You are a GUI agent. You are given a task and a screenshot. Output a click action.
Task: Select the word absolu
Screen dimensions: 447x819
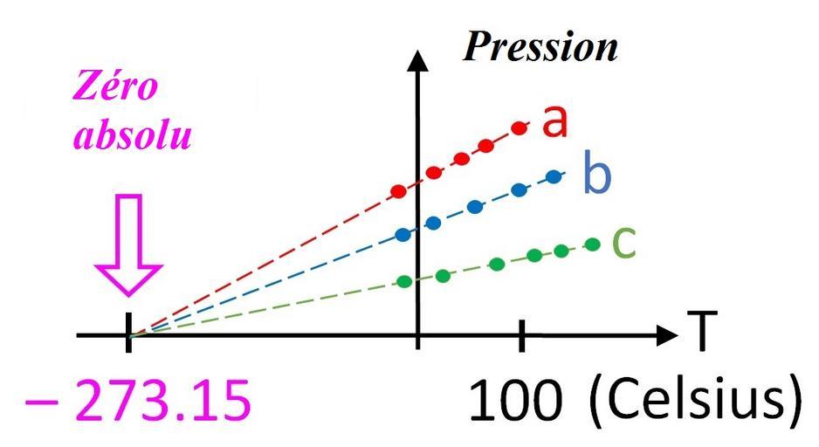(132, 137)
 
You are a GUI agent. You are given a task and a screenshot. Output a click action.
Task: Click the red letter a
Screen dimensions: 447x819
(554, 122)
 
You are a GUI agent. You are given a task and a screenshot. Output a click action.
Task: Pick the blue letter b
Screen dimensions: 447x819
(596, 175)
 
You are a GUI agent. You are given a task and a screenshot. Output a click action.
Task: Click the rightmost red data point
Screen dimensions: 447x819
(520, 128)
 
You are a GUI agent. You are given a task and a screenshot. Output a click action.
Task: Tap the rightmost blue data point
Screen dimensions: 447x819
(554, 176)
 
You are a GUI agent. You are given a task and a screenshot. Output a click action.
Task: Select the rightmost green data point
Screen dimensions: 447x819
(594, 244)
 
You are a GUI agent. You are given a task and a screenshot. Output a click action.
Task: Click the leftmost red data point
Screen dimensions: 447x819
(399, 190)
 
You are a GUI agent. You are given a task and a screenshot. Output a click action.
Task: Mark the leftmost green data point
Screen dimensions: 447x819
(404, 281)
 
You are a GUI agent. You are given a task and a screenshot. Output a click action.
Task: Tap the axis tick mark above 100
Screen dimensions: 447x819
(522, 334)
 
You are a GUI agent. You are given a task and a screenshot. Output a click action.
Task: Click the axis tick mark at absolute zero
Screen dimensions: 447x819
(129, 333)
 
